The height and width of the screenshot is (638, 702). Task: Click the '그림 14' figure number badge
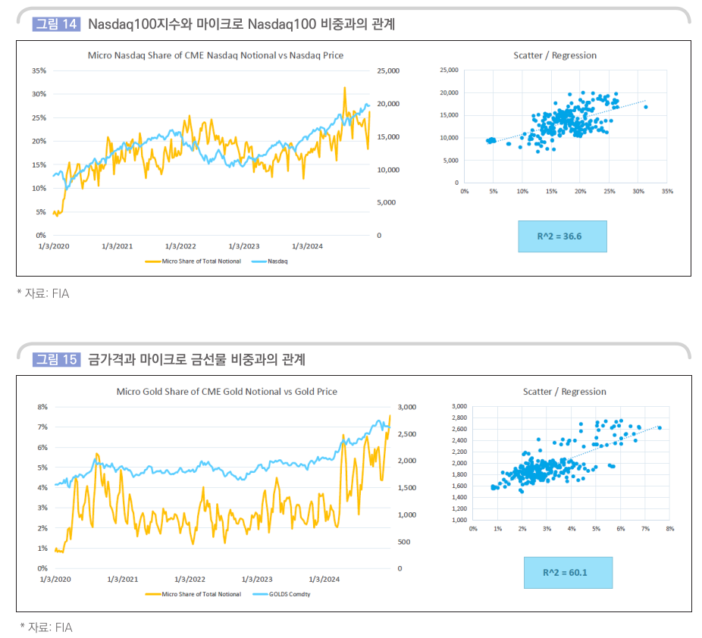[57, 24]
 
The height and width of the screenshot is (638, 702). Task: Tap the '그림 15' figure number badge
[57, 359]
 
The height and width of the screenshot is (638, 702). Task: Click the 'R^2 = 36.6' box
[562, 236]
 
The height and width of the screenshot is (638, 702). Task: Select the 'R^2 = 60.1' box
[567, 573]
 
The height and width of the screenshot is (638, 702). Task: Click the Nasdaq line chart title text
[215, 55]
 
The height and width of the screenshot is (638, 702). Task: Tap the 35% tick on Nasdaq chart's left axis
[39, 70]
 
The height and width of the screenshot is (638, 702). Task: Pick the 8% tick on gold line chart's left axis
[42, 407]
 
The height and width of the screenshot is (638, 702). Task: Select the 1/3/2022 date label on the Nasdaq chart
[180, 246]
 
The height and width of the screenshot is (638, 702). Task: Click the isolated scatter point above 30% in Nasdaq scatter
[645, 107]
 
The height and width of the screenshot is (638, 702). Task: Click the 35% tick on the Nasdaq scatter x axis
[666, 192]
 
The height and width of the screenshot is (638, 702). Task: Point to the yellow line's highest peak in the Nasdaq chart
[344, 88]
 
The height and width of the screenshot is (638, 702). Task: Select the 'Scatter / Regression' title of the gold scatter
[564, 392]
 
